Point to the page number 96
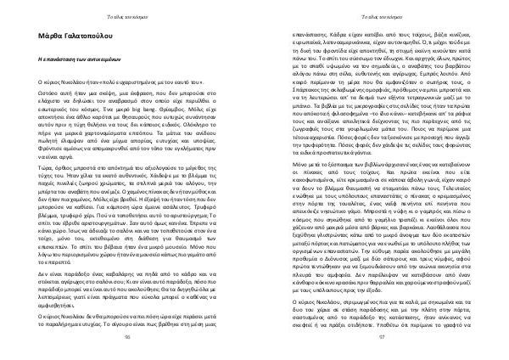[128, 338]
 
